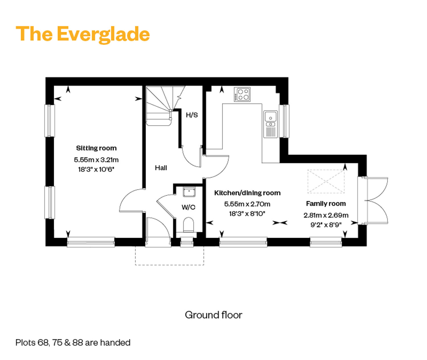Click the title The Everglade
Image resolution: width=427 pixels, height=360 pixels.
point(83,34)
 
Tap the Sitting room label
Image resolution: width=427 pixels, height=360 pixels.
point(96,148)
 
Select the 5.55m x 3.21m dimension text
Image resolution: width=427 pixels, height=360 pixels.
point(96,160)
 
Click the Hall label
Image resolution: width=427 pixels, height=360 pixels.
point(161,168)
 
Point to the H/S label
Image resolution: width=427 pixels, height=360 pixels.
point(192,115)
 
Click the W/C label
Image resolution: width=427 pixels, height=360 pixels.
point(188,207)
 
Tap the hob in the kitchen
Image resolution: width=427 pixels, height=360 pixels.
point(242,94)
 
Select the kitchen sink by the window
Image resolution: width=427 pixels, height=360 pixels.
point(270,124)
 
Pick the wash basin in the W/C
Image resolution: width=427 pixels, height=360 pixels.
point(189,192)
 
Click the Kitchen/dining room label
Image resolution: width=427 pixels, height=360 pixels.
point(247,193)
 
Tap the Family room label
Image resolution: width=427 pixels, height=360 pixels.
point(326,204)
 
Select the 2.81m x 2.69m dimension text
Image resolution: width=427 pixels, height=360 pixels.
point(326,215)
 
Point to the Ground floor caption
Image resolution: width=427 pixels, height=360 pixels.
point(213,315)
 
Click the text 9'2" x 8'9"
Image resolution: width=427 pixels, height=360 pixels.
point(326,225)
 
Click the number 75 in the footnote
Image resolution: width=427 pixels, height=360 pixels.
point(57,343)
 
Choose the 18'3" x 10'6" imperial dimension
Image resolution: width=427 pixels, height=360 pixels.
point(96,169)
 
